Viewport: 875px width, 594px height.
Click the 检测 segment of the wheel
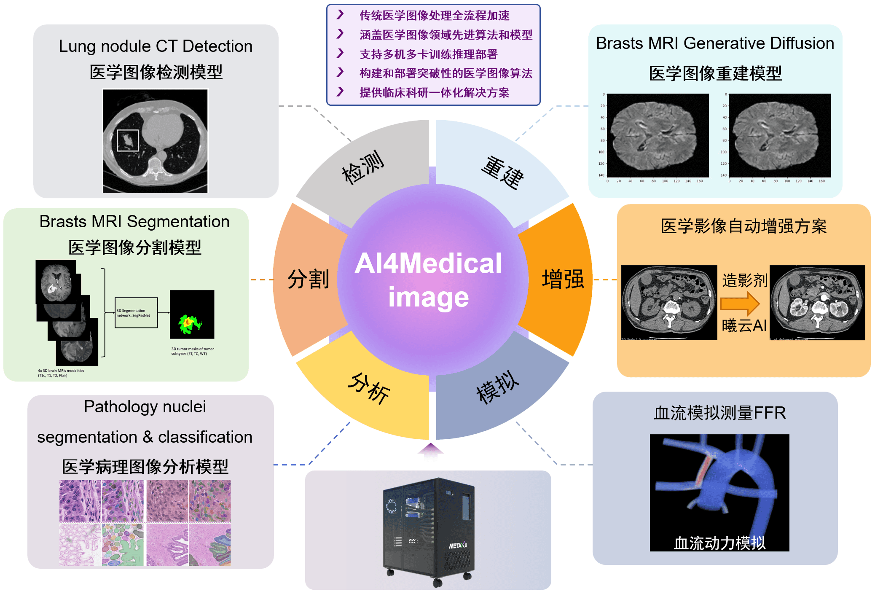(362, 167)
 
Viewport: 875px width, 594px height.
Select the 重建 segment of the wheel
(502, 172)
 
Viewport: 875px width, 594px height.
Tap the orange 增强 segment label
(563, 279)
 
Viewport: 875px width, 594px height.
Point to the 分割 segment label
(308, 279)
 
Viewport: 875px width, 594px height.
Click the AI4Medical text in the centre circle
(428, 263)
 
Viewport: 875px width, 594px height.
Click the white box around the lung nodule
(127, 140)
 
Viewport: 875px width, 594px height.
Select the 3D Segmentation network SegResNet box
(136, 313)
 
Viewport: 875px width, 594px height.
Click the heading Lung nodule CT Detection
(156, 46)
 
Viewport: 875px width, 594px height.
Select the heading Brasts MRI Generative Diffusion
(715, 43)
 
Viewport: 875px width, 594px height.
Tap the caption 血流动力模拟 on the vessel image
(719, 543)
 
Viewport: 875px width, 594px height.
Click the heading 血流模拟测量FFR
(719, 413)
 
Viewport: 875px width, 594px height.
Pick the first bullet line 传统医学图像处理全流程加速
(434, 16)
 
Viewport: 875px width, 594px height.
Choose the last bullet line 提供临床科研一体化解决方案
(434, 93)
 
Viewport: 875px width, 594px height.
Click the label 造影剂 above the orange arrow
(744, 280)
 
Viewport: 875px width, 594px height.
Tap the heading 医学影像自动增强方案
(743, 226)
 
